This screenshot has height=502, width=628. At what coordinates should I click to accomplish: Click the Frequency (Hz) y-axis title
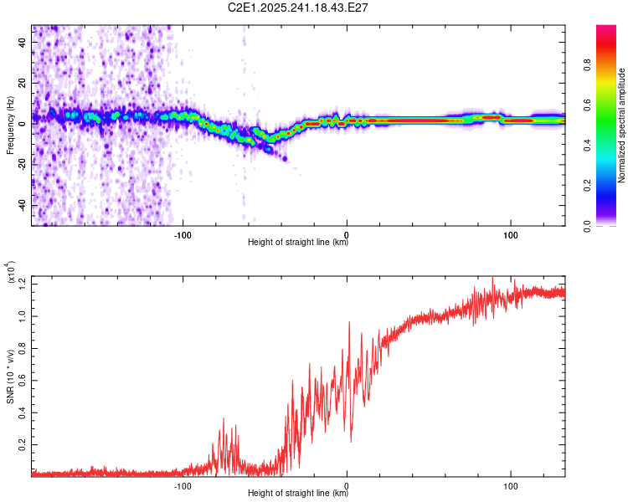click(10, 125)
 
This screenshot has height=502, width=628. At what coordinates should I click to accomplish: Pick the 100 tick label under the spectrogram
click(510, 234)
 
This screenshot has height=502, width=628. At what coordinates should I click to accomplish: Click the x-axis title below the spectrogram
click(298, 243)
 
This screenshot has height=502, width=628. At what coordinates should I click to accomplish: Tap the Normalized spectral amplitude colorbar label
click(621, 125)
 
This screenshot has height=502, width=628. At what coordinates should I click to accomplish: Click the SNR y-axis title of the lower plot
click(10, 376)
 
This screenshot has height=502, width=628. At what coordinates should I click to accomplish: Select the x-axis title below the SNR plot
click(298, 494)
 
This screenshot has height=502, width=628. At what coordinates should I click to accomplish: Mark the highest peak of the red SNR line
click(492, 278)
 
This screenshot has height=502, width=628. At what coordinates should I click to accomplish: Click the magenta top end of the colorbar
click(606, 29)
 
